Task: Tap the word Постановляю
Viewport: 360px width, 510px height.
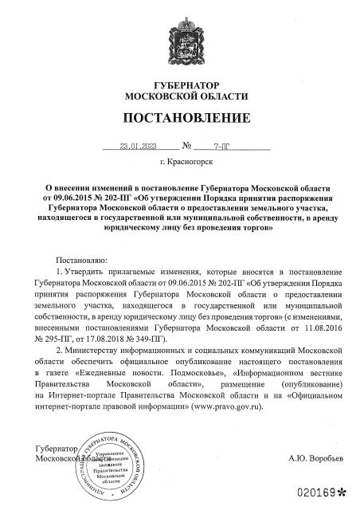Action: [82, 261]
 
